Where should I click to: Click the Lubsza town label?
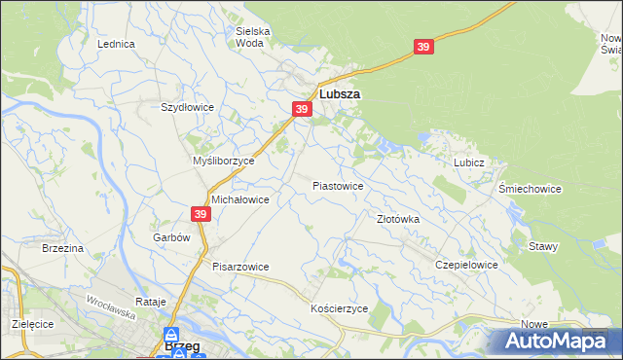coord(340,94)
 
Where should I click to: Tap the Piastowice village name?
coord(338,185)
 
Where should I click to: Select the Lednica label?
coord(116,45)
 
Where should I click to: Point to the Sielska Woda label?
coord(253,37)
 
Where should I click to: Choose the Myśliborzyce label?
coord(223,161)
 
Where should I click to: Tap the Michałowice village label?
coord(240,198)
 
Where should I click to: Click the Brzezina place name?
coord(62,248)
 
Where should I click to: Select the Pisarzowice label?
coord(240,266)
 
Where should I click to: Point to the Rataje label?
coord(150,302)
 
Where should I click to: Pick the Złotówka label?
coord(398,219)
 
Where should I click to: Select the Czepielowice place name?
coord(467,265)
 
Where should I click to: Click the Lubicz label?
coord(468,163)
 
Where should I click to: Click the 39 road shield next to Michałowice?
coord(202,214)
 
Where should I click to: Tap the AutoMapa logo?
coord(557,342)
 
